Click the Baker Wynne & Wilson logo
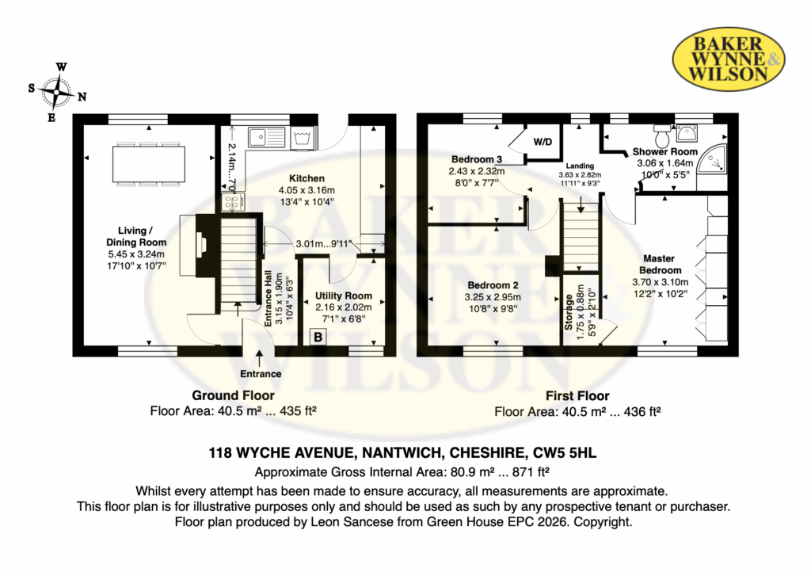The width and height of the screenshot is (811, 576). click(x=729, y=59)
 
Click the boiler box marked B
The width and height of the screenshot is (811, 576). click(x=318, y=338)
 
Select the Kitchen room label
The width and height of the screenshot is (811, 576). click(x=307, y=178)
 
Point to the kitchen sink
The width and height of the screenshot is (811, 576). click(x=266, y=137)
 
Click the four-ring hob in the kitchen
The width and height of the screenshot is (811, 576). click(x=234, y=202)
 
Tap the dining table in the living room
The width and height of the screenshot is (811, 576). click(x=149, y=164)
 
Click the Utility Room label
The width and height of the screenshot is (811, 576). click(x=344, y=296)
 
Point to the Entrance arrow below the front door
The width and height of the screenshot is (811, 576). click(x=259, y=358)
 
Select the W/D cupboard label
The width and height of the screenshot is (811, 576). click(x=543, y=142)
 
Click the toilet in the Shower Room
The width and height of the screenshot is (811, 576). click(x=661, y=135)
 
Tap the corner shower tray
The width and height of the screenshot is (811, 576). click(x=712, y=158)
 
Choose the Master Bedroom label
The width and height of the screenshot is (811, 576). click(x=660, y=264)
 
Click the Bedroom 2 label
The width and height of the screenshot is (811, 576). click(x=493, y=285)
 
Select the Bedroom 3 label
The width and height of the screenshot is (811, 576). click(x=476, y=159)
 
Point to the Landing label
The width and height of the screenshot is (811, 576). click(x=579, y=166)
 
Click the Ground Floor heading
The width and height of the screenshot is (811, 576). click(x=233, y=395)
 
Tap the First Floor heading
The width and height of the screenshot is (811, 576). click(x=577, y=396)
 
